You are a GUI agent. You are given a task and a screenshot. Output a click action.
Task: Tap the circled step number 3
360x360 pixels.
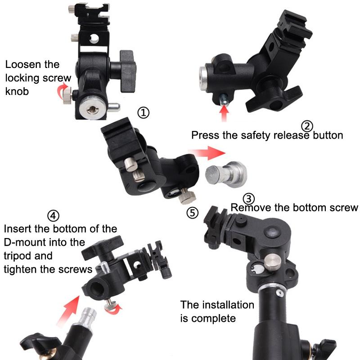(x=249, y=199)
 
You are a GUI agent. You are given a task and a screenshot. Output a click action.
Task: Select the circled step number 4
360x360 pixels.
(x=53, y=216)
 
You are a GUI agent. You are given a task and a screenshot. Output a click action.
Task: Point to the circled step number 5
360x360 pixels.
(x=192, y=213)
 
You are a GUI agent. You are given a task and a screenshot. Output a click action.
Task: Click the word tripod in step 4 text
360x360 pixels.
(x=18, y=256)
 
